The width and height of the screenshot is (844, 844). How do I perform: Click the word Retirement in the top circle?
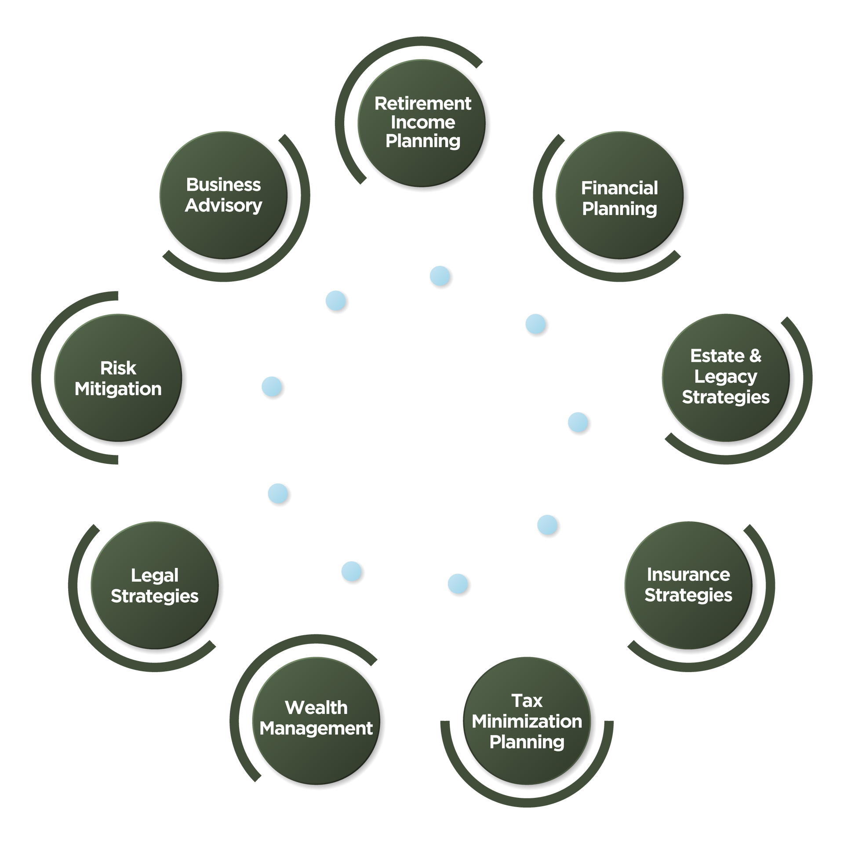point(422,104)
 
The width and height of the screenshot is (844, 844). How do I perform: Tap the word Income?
point(422,122)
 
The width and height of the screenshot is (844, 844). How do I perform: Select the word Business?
point(223,185)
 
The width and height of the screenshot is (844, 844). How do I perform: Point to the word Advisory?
point(223,206)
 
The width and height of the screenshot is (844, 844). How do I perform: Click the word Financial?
point(619,188)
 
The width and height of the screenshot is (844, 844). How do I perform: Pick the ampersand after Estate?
point(755,356)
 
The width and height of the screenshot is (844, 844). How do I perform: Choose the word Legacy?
point(726,377)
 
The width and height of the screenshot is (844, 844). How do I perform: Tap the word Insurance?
point(688,575)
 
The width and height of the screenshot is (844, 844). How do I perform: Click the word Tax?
point(527,701)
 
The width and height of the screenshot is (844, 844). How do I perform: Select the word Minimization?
point(527,721)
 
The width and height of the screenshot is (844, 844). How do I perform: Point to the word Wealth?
point(316,708)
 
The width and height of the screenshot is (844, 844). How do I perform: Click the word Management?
point(316,729)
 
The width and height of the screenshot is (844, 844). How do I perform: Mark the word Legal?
point(155,576)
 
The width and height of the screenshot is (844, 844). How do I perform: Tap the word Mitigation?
point(118,389)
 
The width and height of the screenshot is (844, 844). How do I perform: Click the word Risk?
point(118,368)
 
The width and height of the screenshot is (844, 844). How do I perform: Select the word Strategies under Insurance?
point(688,595)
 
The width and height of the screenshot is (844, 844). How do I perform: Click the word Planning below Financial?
point(619,209)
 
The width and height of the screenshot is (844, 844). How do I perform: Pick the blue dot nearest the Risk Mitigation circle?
point(272,387)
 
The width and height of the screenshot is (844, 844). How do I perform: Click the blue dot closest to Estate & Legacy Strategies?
point(578,422)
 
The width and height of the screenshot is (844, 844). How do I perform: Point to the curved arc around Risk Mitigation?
point(36,377)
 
